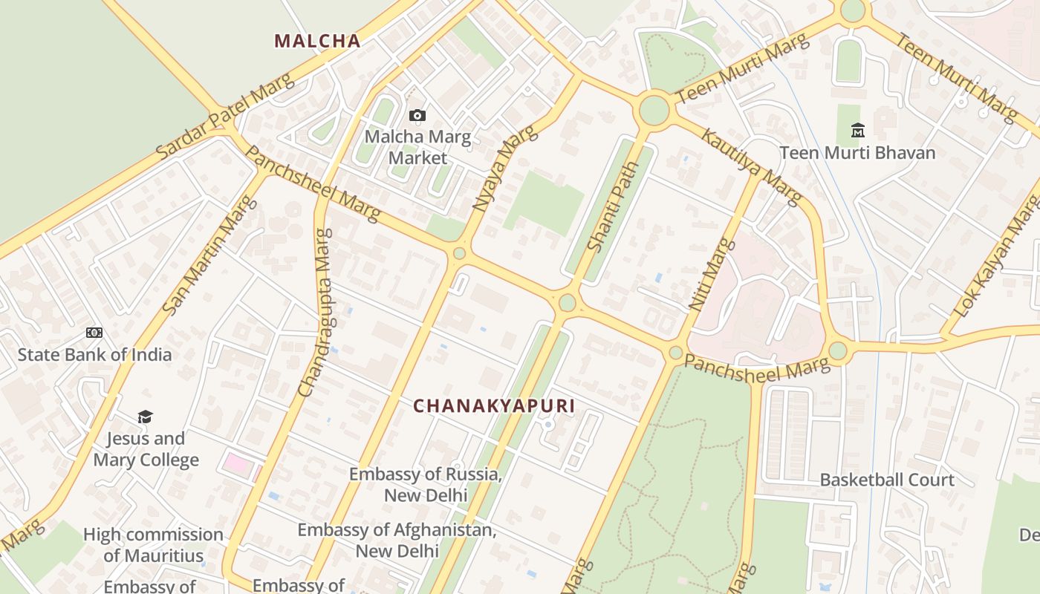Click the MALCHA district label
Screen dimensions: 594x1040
(317, 41)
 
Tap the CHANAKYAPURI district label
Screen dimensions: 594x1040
(494, 406)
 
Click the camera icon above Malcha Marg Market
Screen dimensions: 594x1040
(417, 115)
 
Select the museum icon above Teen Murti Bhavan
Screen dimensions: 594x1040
(858, 131)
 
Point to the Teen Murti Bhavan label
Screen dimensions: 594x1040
(857, 153)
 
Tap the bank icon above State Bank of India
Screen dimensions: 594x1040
(94, 333)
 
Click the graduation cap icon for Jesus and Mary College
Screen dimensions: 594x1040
(145, 417)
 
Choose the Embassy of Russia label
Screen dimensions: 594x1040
(426, 484)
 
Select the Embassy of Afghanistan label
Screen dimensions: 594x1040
(397, 541)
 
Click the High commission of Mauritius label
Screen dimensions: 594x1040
(153, 544)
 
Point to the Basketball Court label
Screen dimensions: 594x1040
(886, 480)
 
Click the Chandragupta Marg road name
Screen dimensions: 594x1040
(315, 312)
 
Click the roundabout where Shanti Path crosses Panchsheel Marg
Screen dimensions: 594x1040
(568, 303)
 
